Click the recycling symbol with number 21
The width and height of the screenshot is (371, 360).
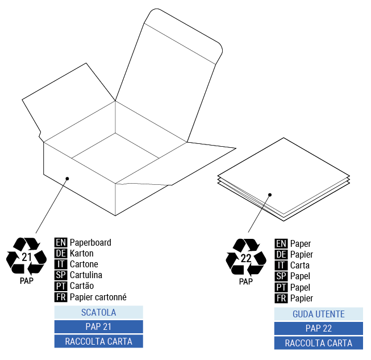click(x=26, y=257)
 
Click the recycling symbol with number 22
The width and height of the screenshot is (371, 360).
click(x=246, y=258)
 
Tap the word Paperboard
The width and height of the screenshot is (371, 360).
click(x=90, y=242)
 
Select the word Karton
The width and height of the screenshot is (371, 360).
click(x=82, y=253)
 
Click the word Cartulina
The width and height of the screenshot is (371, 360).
click(x=86, y=275)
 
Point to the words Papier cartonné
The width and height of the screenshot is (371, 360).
click(x=98, y=297)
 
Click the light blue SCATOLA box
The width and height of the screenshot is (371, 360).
click(x=98, y=312)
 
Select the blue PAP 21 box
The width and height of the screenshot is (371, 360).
click(x=98, y=326)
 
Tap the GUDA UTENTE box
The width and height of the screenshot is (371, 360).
click(x=318, y=314)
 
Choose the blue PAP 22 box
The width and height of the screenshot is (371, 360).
click(x=318, y=328)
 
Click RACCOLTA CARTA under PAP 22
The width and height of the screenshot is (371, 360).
click(x=318, y=343)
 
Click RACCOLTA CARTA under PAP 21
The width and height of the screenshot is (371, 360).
click(x=98, y=341)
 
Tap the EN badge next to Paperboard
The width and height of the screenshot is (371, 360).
click(x=61, y=242)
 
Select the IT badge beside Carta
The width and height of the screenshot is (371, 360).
click(x=281, y=266)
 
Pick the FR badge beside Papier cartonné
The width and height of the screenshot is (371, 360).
click(x=61, y=297)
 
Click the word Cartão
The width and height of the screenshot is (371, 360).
click(x=82, y=286)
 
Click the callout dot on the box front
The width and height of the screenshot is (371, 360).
click(x=67, y=179)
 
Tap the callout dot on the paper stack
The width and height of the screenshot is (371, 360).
click(x=270, y=195)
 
